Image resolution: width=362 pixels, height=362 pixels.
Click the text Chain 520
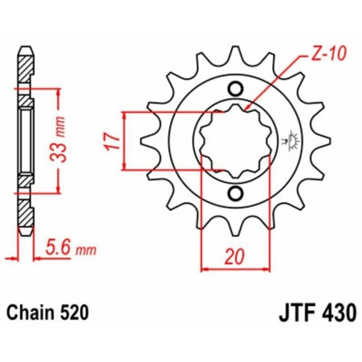click(47, 313)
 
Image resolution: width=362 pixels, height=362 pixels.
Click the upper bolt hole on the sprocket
click(236, 89)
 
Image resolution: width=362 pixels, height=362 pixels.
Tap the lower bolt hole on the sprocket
click(236, 193)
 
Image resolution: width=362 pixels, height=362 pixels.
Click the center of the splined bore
click(236, 140)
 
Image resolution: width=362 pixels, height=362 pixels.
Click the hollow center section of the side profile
click(26, 140)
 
